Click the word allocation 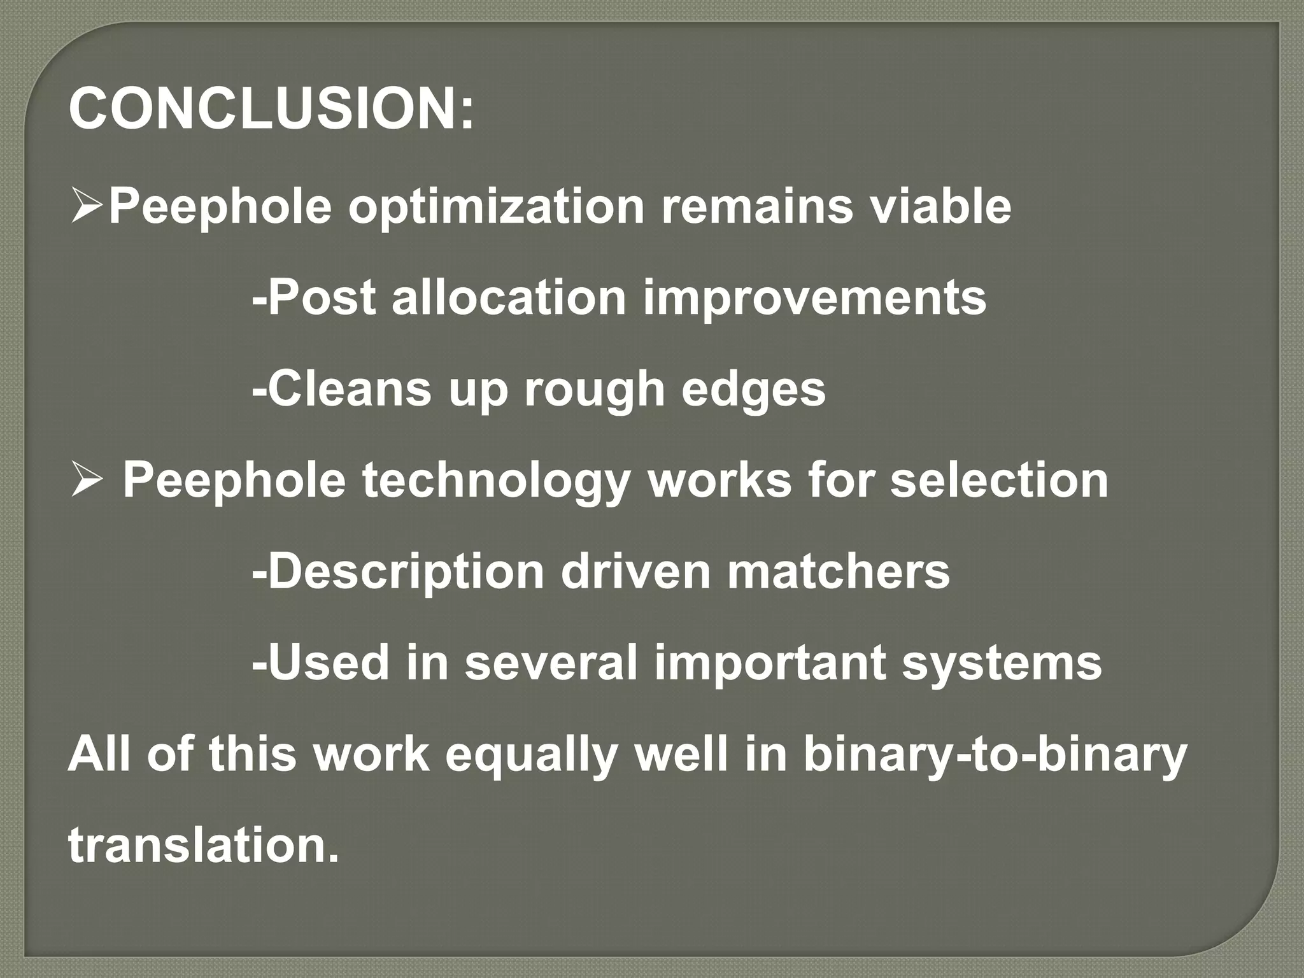[509, 297]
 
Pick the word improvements [814, 299]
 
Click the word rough [595, 390]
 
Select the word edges [753, 390]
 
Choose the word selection [999, 480]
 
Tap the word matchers [839, 571]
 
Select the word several [550, 663]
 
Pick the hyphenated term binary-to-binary [995, 755]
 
